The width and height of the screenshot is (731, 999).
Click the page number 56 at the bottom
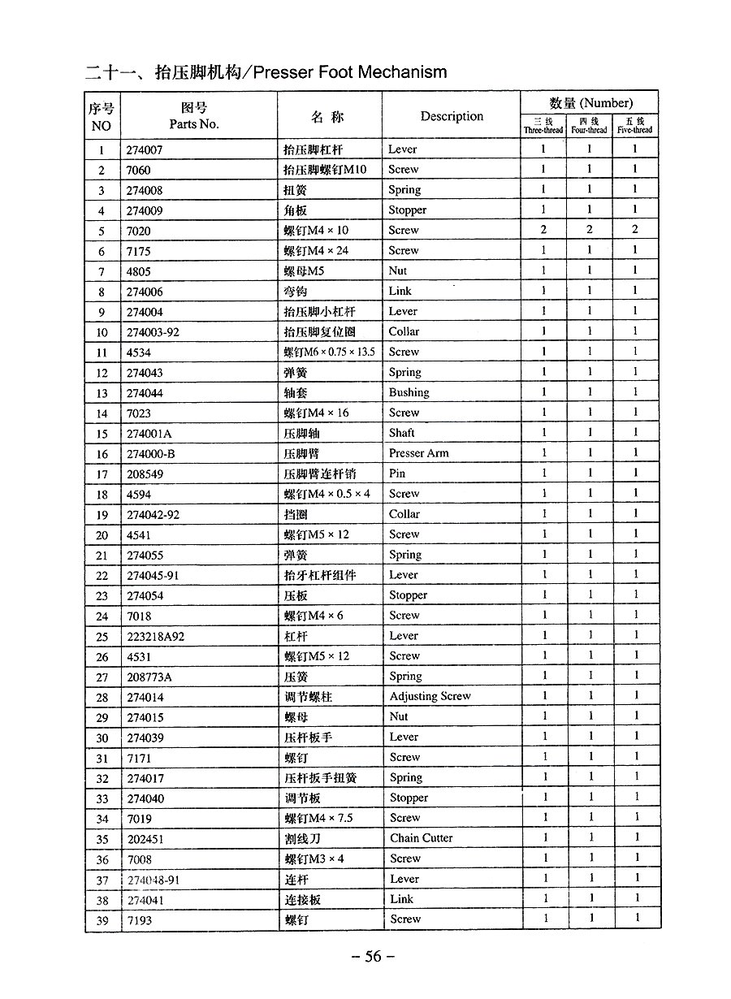coord(373,956)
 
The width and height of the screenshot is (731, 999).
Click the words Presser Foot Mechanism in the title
coord(350,72)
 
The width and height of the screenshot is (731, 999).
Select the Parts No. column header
coord(194,124)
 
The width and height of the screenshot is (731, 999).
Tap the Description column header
coord(452,116)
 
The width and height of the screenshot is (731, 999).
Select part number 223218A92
coord(156,636)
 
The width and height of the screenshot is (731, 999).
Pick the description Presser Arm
coord(418,453)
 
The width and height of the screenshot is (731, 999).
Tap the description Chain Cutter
coord(421,838)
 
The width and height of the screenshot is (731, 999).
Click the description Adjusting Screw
coord(430,696)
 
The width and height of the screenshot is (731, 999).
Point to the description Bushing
coord(409,392)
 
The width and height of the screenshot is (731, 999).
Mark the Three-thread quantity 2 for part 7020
coord(543,230)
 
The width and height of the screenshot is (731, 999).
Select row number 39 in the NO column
coord(102,920)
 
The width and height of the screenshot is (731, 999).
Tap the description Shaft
coord(401,433)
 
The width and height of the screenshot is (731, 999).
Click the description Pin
coord(396,474)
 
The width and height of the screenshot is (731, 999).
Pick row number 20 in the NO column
coord(102,535)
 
